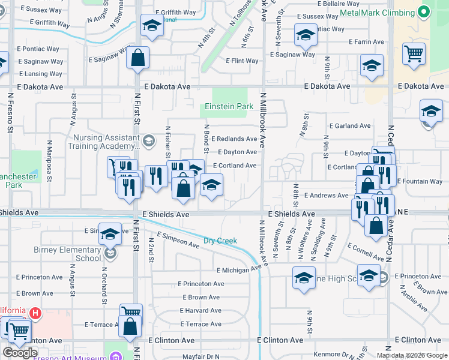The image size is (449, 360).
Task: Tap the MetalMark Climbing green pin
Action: [x=424, y=12]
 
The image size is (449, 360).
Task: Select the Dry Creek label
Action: [x=220, y=241]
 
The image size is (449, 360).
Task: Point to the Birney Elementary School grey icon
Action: [x=110, y=254]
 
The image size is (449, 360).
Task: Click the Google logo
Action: [x=20, y=353]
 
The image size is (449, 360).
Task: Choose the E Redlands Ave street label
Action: [x=234, y=139]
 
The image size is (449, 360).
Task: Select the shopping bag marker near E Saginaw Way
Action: [x=138, y=58]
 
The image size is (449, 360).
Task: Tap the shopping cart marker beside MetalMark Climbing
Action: [x=414, y=53]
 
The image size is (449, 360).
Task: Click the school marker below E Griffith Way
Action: [x=152, y=26]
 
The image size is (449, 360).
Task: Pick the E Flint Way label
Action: [x=242, y=61]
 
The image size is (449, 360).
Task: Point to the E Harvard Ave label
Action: [x=200, y=311]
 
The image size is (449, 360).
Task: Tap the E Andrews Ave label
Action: [x=326, y=196]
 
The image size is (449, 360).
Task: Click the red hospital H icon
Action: [x=35, y=313]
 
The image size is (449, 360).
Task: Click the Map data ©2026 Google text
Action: [x=412, y=355]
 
